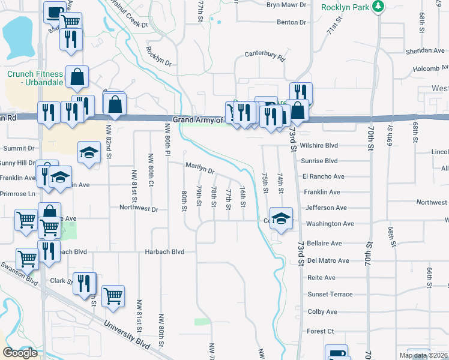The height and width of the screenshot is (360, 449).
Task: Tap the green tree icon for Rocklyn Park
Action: pyautogui.click(x=378, y=7)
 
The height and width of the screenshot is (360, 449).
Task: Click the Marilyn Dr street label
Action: pyautogui.click(x=200, y=169)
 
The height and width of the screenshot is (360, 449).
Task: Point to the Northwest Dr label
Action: pyautogui.click(x=138, y=209)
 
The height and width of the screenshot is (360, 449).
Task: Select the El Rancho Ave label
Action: pyautogui.click(x=323, y=176)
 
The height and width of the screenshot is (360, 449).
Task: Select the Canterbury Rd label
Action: pyautogui.click(x=264, y=55)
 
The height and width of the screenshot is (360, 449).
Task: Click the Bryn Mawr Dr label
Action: pyautogui.click(x=286, y=5)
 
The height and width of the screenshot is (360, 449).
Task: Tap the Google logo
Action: pyautogui.click(x=20, y=353)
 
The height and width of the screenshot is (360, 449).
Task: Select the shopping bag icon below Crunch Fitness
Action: pyautogui.click(x=77, y=77)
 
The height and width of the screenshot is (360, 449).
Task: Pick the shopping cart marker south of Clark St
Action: pyautogui.click(x=113, y=295)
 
